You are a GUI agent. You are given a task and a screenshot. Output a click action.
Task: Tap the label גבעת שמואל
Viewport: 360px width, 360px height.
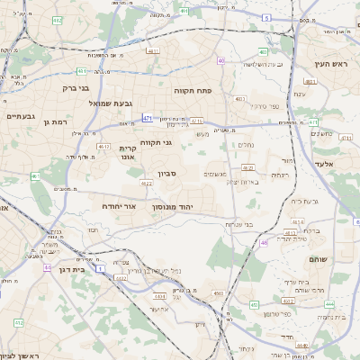coord(87,104)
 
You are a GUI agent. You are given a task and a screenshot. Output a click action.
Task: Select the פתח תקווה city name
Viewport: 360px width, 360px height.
coord(193,91)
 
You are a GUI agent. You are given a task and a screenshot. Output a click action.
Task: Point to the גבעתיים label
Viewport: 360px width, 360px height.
coord(20,116)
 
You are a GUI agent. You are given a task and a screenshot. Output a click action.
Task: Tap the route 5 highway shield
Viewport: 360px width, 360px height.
coord(266,18)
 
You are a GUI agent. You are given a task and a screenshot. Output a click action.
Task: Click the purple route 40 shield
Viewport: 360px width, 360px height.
coord(220,61)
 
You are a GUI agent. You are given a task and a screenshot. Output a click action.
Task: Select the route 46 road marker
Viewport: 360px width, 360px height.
coord(263,243)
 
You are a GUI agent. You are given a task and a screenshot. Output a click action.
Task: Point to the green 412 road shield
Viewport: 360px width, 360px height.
coord(19,321)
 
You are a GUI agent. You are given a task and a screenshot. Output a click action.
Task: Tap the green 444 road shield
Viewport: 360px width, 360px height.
coord(329,304)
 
